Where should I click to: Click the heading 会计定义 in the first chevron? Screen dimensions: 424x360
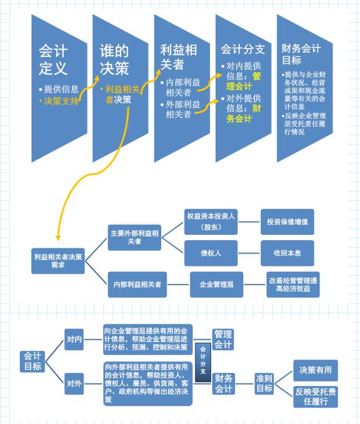coord(53,60)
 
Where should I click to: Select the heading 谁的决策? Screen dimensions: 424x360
coord(114,60)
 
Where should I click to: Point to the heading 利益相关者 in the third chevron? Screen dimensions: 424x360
coord(179,57)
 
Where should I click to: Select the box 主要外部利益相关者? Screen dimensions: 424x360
coord(134,237)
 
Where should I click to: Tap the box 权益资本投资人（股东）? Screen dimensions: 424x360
coord(210,221)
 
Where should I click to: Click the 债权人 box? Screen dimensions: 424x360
coord(210,254)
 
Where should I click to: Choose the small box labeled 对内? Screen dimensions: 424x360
coord(74,340)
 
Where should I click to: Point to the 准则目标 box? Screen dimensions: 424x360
coord(264,383)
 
